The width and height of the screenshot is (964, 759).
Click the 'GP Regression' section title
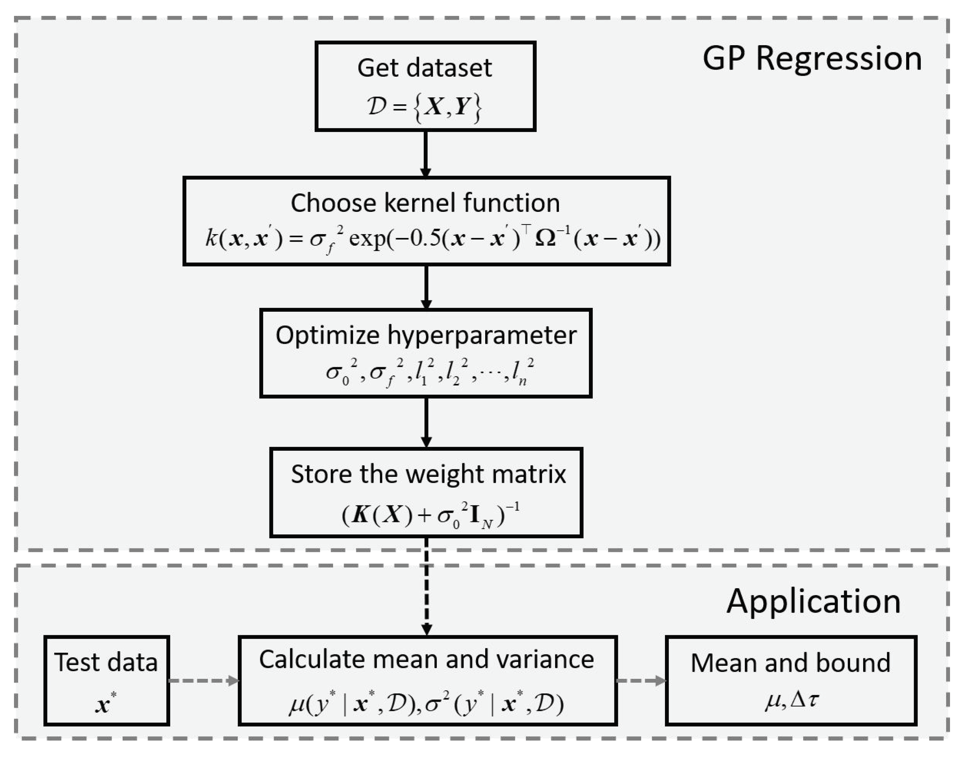812,59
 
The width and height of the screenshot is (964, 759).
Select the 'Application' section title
813,601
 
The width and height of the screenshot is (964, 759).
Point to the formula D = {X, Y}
424,107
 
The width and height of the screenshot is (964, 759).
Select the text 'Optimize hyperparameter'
426,335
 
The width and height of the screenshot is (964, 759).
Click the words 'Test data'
106,662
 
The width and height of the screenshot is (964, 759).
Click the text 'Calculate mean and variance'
426,659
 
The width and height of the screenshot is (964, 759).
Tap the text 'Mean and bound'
790,663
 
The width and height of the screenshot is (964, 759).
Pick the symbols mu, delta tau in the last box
792,701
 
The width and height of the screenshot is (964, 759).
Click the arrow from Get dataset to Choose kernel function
426,154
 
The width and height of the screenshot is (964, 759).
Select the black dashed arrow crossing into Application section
426,587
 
